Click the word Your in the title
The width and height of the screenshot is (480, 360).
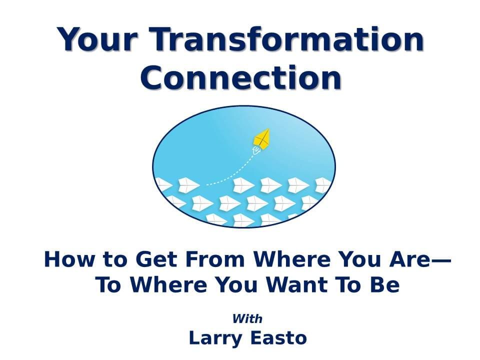tap(96, 40)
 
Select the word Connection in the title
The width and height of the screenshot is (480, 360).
tap(241, 77)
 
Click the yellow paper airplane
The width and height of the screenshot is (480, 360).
tap(262, 138)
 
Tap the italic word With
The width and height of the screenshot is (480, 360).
tap(247, 318)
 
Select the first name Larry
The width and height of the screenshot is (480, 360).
tap(215, 338)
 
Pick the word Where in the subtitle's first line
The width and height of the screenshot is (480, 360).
tap(292, 259)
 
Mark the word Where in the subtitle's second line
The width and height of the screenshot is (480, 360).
tap(168, 284)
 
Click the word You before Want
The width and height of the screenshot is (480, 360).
tap(235, 284)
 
